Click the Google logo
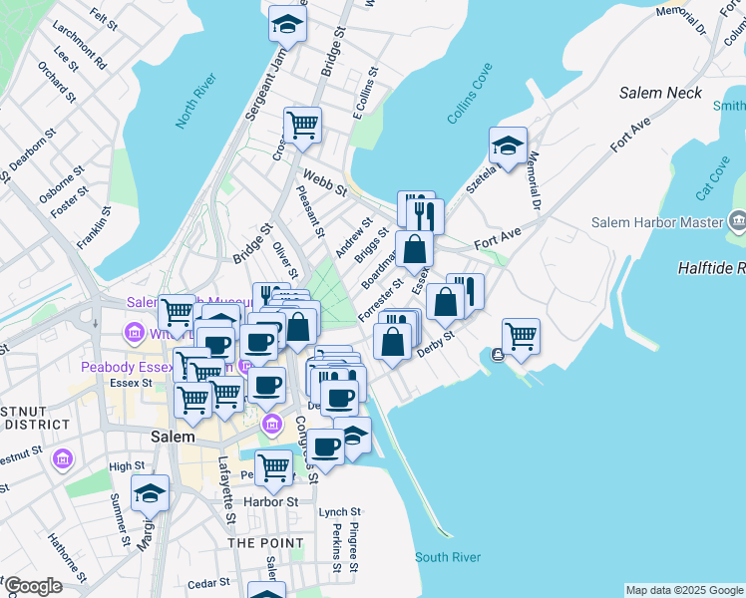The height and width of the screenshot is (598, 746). coord(33,586)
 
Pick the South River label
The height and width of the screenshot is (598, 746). coord(448,557)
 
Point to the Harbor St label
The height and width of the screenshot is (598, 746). coord(270,501)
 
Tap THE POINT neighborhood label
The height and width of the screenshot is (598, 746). coord(265,543)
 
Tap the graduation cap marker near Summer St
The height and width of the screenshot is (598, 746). coord(150,492)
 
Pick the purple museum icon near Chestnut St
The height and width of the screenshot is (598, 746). coord(62,459)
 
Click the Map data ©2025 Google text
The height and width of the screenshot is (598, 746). coord(683,590)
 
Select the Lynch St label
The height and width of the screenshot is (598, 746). coord(333,512)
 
